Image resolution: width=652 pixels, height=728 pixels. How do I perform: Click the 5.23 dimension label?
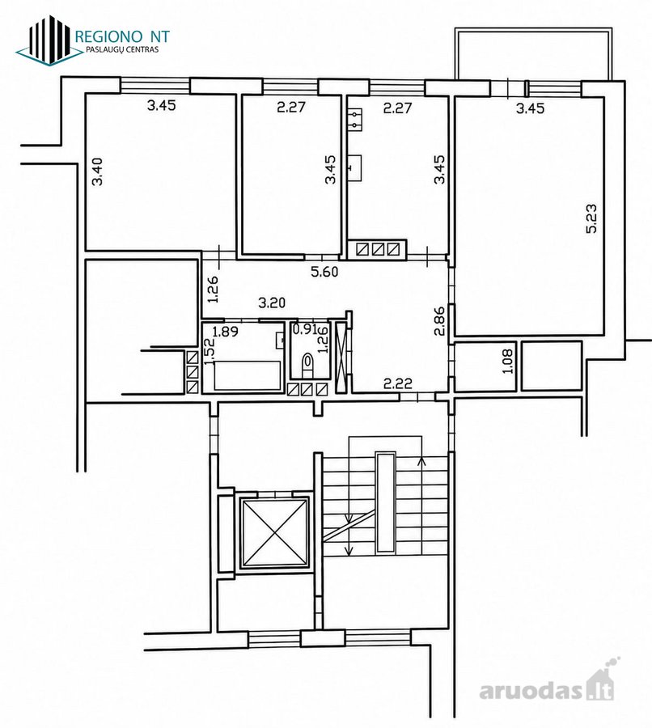(592, 218)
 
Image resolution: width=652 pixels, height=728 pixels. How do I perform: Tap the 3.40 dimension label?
(98, 171)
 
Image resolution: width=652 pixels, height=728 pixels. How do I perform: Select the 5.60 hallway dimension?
(324, 272)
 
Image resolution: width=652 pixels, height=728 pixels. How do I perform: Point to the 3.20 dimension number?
(272, 303)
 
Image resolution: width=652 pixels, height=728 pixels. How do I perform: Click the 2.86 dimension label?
(439, 320)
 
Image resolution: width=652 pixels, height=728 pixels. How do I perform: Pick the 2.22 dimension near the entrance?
(398, 383)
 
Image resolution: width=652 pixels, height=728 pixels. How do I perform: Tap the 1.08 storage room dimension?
(508, 362)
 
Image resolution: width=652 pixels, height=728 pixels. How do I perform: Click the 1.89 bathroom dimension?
(225, 332)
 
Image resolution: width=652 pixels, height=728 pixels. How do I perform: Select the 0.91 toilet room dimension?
(305, 329)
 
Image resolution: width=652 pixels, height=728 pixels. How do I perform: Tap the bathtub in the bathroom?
(248, 375)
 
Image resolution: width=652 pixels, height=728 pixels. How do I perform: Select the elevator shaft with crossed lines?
(274, 533)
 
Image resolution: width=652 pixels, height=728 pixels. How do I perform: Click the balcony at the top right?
(533, 55)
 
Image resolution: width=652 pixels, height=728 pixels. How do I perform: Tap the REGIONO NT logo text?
(122, 36)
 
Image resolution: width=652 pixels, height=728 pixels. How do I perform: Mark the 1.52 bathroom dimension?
(210, 352)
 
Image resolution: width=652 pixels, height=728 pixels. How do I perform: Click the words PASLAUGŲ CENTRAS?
(122, 49)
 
